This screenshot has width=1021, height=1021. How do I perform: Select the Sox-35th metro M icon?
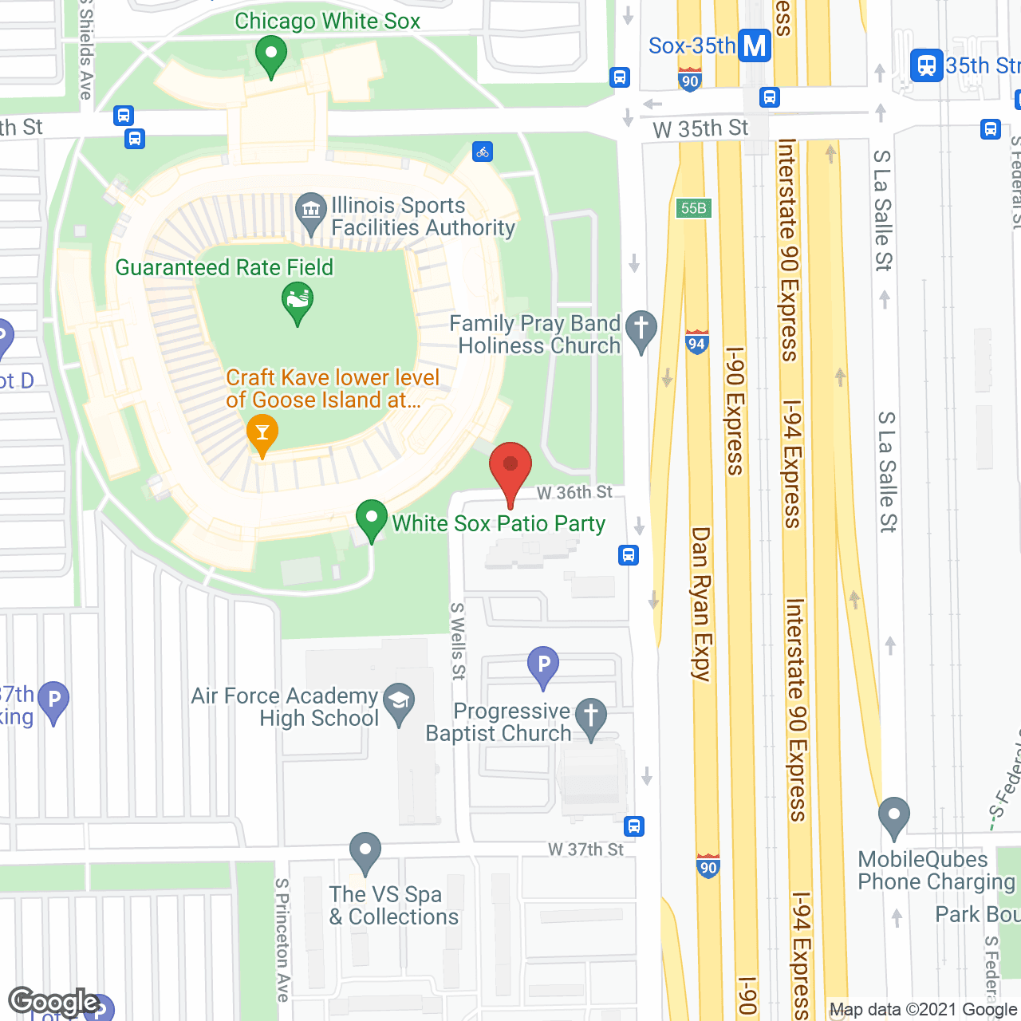pos(754,46)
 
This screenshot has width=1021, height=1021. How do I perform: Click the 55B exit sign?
pos(693,208)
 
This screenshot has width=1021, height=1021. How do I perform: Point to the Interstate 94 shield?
pos(696,343)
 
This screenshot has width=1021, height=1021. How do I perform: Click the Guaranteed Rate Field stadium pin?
pos(298,302)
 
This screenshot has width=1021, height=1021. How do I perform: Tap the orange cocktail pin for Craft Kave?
pos(262,434)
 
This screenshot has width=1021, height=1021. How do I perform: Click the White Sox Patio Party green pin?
pos(371,519)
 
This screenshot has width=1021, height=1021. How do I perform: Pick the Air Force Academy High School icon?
pos(399,701)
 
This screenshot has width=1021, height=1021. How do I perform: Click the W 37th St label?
pos(585,850)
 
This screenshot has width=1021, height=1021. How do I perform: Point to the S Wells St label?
pos(458,641)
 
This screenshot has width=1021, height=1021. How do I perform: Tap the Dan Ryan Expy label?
pos(700,604)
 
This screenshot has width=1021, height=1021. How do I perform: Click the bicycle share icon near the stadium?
pos(483,152)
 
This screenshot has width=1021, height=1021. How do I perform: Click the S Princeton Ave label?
pos(282,940)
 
